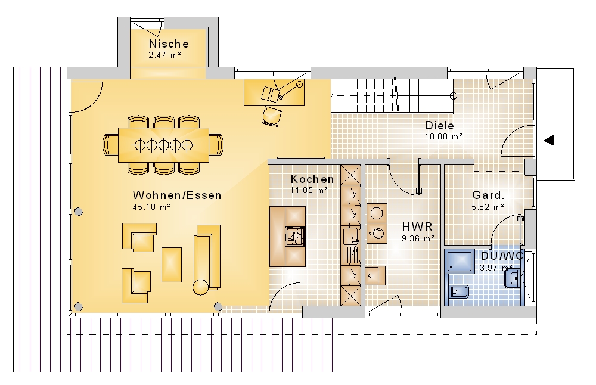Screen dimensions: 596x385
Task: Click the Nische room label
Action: (x=169, y=44)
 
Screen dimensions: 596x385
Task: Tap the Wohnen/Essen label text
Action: (x=177, y=195)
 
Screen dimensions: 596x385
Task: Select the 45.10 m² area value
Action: (x=151, y=207)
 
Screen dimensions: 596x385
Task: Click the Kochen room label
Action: (x=312, y=179)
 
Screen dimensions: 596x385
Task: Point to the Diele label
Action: (x=439, y=125)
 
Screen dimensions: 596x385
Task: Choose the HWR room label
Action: (x=417, y=227)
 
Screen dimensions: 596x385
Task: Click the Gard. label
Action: (x=488, y=195)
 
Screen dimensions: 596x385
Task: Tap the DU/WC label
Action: (x=502, y=256)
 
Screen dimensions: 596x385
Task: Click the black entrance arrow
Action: (x=548, y=141)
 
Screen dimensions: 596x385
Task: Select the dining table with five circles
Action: (x=163, y=145)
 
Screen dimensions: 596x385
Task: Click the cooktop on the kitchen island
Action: (x=296, y=236)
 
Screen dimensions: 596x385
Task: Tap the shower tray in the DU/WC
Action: (x=460, y=261)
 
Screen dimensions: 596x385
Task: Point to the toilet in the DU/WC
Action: (x=458, y=292)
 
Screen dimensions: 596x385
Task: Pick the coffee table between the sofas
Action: (x=172, y=265)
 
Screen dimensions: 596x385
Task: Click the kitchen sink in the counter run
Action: (x=351, y=235)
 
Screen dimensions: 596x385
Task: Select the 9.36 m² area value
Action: (x=418, y=238)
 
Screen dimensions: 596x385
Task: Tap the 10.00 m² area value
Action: (x=443, y=136)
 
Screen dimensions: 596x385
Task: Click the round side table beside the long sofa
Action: (x=201, y=287)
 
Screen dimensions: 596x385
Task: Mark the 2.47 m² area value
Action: (x=164, y=55)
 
